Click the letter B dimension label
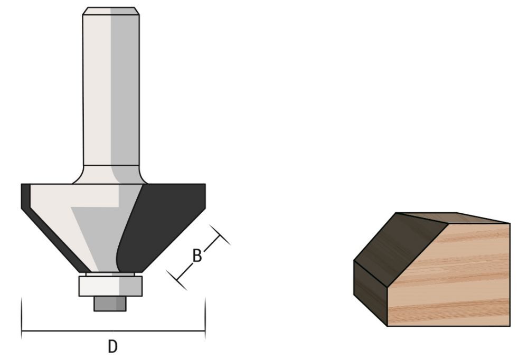point(197,257)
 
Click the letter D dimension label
point(112,346)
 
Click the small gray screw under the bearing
point(110,304)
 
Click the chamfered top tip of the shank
point(111,11)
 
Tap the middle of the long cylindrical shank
point(111,90)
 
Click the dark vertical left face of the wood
point(370,290)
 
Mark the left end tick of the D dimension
point(22,317)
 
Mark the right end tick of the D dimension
point(205,317)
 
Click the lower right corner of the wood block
point(509,325)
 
